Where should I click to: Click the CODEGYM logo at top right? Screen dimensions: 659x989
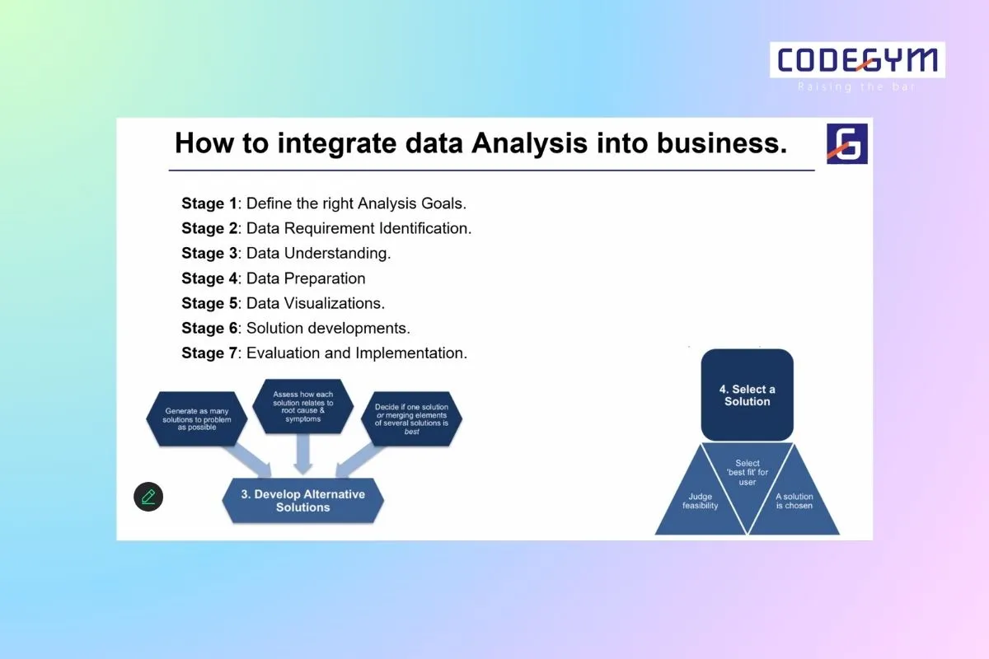pyautogui.click(x=857, y=61)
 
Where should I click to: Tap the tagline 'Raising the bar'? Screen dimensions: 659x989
pyautogui.click(x=857, y=86)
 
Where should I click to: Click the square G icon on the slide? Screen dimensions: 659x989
pyautogui.click(x=847, y=143)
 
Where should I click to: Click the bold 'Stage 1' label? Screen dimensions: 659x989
pyautogui.click(x=209, y=203)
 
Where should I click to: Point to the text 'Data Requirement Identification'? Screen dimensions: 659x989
pyautogui.click(x=359, y=228)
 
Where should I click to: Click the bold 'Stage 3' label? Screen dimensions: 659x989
pyautogui.click(x=209, y=253)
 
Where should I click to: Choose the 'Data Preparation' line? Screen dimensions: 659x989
pyautogui.click(x=306, y=278)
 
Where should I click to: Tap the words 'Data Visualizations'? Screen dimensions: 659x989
pyautogui.click(x=315, y=303)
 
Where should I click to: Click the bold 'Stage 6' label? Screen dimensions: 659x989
pyautogui.click(x=209, y=328)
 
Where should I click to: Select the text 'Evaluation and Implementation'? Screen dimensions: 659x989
pyautogui.click(x=356, y=353)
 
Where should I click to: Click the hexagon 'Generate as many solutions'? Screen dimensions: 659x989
pyautogui.click(x=199, y=418)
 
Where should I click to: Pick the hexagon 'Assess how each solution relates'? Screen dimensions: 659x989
pyautogui.click(x=303, y=406)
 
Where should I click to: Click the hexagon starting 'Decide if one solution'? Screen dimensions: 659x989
pyautogui.click(x=411, y=418)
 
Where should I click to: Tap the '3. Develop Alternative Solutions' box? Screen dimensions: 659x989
pyautogui.click(x=302, y=501)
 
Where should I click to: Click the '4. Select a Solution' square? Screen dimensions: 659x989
pyautogui.click(x=747, y=395)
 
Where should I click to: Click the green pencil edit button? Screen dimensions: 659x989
pyautogui.click(x=148, y=497)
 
